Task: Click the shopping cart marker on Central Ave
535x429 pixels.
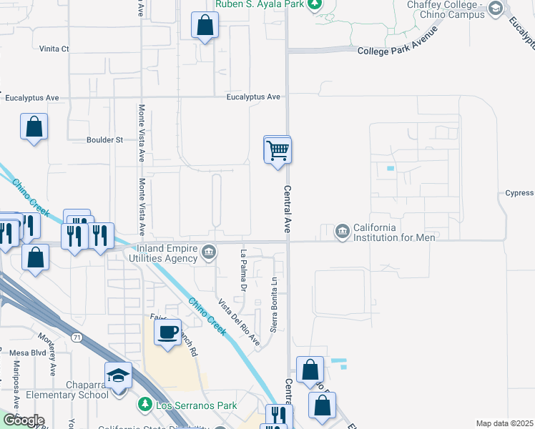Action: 278,151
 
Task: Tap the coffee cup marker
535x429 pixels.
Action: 167,332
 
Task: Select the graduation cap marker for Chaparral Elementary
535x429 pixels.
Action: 119,375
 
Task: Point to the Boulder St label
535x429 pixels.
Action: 104,140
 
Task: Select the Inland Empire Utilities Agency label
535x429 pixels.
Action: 162,253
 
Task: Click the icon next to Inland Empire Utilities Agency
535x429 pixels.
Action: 209,252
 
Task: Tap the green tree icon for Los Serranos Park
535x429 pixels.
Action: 144,405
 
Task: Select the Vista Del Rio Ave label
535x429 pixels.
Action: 240,322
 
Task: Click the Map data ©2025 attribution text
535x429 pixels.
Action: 504,423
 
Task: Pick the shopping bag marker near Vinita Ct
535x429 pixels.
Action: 205,26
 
